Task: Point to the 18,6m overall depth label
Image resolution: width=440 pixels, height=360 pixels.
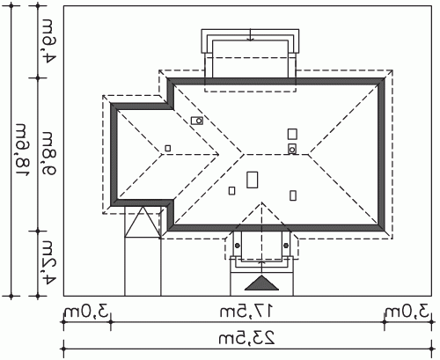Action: [22, 151]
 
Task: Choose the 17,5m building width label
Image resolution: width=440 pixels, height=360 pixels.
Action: [247, 312]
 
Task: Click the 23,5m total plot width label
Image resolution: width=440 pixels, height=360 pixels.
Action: [247, 338]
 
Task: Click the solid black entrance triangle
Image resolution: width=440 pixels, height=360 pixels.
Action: [261, 283]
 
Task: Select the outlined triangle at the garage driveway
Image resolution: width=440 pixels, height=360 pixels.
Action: [143, 222]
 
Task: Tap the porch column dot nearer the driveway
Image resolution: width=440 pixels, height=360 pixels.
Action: [238, 246]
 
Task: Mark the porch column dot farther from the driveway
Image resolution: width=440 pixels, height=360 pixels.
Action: [286, 246]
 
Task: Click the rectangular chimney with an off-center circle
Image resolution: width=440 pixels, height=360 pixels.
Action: [197, 121]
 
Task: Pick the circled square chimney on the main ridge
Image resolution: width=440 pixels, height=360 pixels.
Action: [292, 149]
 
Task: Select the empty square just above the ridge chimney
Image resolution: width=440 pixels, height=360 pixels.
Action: [292, 134]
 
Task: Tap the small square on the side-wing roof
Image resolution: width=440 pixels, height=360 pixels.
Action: [168, 148]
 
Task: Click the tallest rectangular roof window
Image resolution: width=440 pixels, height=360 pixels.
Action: [253, 180]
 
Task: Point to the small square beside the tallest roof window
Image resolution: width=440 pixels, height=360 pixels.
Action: [231, 191]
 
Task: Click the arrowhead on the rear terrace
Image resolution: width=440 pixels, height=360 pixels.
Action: [250, 39]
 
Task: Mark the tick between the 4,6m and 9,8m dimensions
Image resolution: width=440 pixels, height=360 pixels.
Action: [38, 77]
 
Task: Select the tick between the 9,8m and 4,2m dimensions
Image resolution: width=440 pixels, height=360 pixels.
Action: [38, 231]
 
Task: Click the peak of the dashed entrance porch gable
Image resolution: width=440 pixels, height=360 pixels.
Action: [262, 202]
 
